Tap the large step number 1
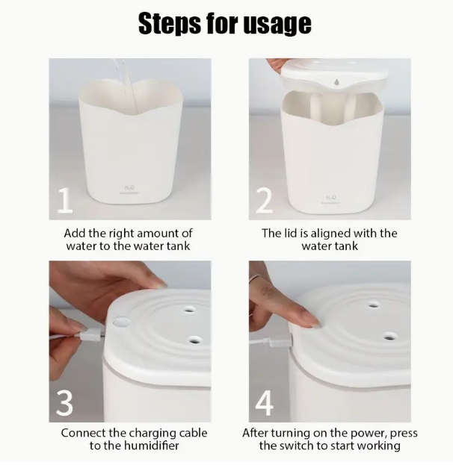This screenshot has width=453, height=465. [66, 201]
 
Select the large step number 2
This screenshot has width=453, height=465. [265, 201]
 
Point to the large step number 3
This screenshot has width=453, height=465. [65, 403]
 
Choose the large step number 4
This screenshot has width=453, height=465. [265, 403]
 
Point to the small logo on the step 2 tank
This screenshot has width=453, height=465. [330, 199]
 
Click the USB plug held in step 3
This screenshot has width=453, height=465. [87, 335]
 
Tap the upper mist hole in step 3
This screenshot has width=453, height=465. [189, 308]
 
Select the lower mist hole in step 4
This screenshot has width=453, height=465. [389, 337]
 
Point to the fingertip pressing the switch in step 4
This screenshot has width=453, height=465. [311, 322]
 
